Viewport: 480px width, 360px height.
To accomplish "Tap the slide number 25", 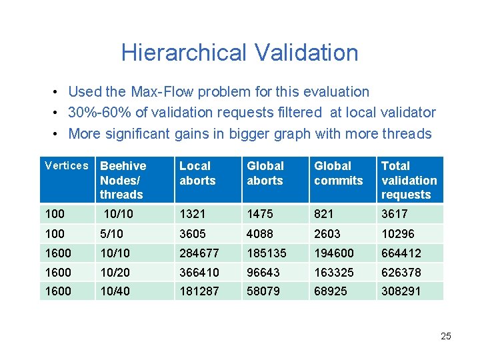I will [x=446, y=336].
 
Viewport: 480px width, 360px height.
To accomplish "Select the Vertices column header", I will [x=66, y=166].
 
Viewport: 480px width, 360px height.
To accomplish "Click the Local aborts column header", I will [x=197, y=173].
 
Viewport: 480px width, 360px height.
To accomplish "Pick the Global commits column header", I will [x=339, y=173].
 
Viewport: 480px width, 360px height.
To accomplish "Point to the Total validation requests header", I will [x=409, y=180].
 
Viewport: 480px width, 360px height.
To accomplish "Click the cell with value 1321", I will [x=193, y=214].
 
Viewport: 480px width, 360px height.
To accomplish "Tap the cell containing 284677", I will [x=199, y=253].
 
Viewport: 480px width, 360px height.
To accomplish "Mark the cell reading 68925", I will [x=331, y=291].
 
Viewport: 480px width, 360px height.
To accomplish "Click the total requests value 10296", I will [x=398, y=234].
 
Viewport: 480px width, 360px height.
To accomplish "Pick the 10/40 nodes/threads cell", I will [x=115, y=291].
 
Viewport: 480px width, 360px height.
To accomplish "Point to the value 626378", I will [x=401, y=272].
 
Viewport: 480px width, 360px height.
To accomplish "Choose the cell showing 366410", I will [x=199, y=272].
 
